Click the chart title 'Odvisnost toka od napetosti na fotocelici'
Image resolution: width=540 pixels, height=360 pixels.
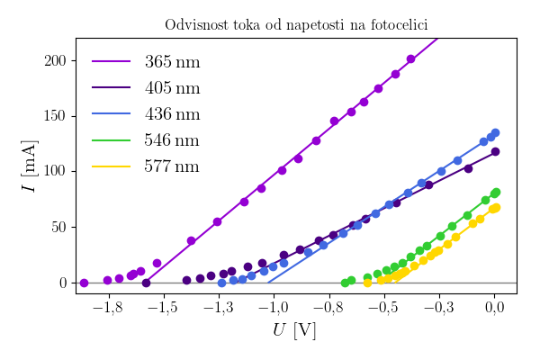click(x=295, y=25)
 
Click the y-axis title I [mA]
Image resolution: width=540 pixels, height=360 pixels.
click(x=29, y=166)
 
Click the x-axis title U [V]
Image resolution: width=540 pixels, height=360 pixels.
click(x=294, y=330)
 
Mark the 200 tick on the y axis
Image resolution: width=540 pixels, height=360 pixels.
click(x=55, y=60)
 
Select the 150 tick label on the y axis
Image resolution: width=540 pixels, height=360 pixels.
click(x=55, y=116)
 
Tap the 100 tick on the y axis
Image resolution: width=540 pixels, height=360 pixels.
click(x=55, y=171)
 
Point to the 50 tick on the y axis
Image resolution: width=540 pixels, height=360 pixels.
click(x=58, y=227)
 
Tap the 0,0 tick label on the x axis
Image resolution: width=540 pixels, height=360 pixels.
click(x=494, y=309)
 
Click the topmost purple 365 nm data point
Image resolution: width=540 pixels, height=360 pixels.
click(x=411, y=59)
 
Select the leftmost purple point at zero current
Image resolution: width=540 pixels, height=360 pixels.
click(x=84, y=283)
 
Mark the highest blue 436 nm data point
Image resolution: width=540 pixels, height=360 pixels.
click(x=495, y=133)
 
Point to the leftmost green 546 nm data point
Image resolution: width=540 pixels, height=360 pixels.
click(x=345, y=283)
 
